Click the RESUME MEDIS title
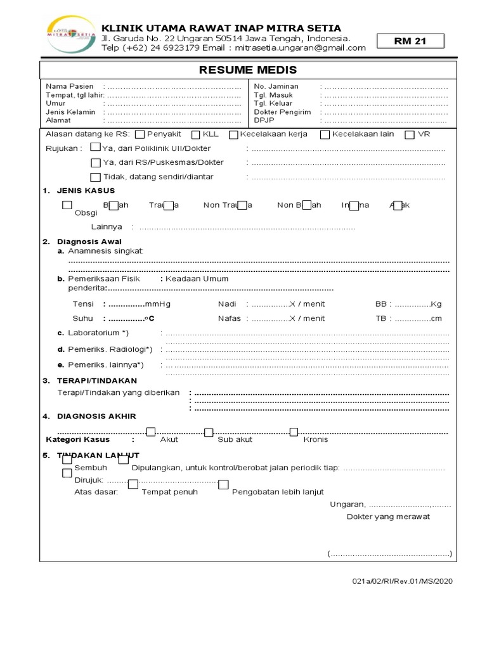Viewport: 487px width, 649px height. click(x=248, y=70)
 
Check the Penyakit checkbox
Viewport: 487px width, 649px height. click(x=141, y=134)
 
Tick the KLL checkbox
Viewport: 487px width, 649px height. click(x=196, y=134)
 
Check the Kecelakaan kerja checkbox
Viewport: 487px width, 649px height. click(x=233, y=134)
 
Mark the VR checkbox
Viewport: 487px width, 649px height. click(x=410, y=134)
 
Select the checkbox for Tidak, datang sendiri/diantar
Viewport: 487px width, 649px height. click(x=95, y=177)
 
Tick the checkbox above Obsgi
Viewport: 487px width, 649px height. click(x=67, y=205)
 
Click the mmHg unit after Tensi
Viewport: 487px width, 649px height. click(x=158, y=304)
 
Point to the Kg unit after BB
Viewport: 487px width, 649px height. click(x=436, y=304)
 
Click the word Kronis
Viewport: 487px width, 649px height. click(x=316, y=439)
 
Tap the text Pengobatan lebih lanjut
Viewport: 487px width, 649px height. click(x=278, y=492)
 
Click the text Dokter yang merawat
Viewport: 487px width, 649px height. click(x=388, y=517)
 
